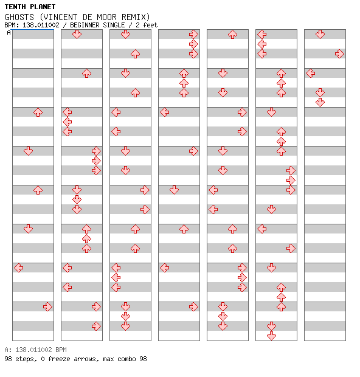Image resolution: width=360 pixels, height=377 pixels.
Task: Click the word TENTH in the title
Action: pos(15,7)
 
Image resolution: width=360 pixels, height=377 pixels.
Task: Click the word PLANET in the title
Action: pos(43,7)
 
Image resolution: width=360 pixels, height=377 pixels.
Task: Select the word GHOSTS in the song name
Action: pos(19,17)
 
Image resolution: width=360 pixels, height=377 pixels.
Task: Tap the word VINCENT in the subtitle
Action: pos(60,17)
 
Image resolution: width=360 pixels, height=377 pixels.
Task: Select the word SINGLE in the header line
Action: pos(114,25)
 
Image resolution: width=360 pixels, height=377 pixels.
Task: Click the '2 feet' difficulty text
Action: pos(147,25)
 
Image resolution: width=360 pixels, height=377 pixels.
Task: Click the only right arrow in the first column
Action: pos(47,306)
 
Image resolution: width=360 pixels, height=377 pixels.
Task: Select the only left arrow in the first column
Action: pos(19,268)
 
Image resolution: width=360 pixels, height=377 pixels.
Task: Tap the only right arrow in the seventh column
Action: pos(339,54)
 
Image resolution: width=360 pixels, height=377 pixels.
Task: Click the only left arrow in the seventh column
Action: pos(311,73)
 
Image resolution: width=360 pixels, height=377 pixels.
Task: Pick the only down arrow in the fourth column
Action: pos(174,190)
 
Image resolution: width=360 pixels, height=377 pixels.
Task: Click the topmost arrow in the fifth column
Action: pos(232,35)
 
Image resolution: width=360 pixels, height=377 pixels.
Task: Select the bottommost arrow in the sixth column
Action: pos(271,336)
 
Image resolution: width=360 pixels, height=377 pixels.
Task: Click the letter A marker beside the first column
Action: pos(9,32)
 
